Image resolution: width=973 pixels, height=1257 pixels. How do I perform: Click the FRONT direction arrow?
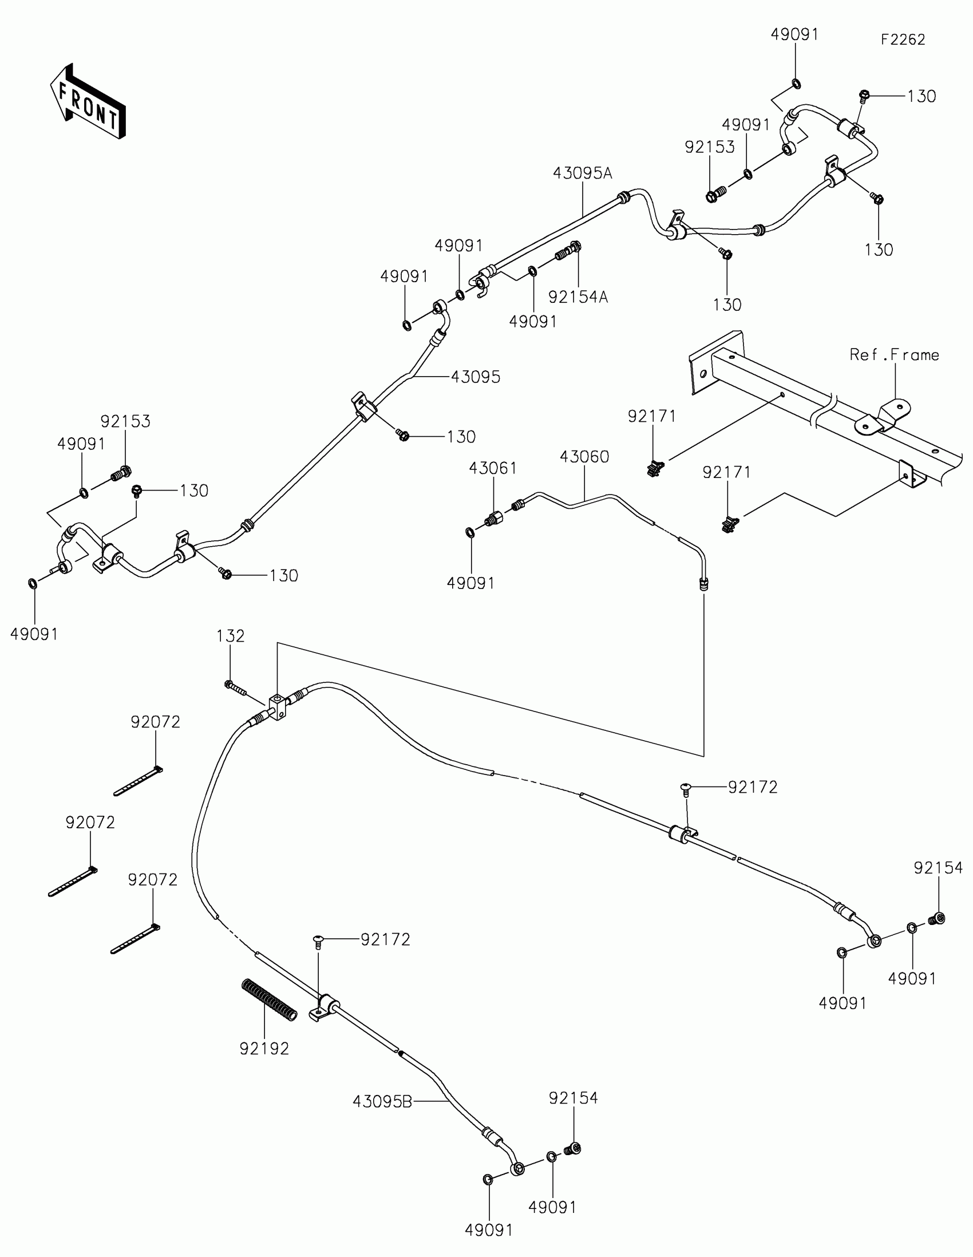(x=88, y=102)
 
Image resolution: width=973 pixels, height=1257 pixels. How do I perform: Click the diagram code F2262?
(x=903, y=39)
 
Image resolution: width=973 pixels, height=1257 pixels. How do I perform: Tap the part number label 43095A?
(x=582, y=173)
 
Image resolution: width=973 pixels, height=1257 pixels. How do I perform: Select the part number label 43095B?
(x=382, y=1102)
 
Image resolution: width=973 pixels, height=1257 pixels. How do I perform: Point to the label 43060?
(x=584, y=456)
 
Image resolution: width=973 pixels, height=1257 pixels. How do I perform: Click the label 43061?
(x=493, y=468)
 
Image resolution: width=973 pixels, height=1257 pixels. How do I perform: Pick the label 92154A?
(x=578, y=297)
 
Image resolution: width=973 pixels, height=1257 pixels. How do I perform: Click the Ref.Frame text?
(x=894, y=354)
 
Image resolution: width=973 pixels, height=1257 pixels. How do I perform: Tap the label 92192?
(x=264, y=1049)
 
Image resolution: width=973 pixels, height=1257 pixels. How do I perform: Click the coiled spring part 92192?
(x=268, y=999)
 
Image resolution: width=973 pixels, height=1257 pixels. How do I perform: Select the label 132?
(x=230, y=636)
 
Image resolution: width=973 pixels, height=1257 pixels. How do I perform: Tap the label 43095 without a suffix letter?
(x=475, y=377)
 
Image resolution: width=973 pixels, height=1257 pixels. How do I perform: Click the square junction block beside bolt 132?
(x=277, y=706)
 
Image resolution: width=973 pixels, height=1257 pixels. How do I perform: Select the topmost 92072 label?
(x=155, y=722)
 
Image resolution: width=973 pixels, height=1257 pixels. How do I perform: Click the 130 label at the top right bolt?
(x=922, y=96)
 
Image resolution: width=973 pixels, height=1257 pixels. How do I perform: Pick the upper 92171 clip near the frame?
(x=654, y=469)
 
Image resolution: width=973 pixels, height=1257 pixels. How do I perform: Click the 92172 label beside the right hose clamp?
(x=753, y=787)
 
